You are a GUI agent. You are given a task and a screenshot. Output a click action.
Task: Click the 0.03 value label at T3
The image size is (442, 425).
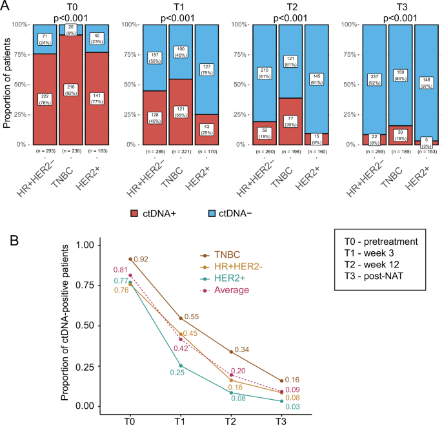click(x=309, y=406)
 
